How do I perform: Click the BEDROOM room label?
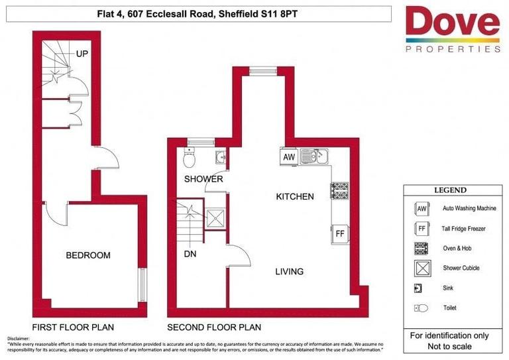pos(87,255)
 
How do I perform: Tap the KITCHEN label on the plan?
pos(295,196)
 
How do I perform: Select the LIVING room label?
pos(290,271)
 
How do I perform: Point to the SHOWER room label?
pos(203,179)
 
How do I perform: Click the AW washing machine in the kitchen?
pos(289,157)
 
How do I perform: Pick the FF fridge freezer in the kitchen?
pos(339,234)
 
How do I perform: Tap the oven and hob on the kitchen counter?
pos(340,190)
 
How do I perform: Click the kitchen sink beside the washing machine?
pos(314,157)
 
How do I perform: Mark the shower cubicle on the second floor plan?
pos(215,219)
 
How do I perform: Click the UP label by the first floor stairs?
pos(82,54)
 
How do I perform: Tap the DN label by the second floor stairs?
pos(190,253)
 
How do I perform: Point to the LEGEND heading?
pos(450,190)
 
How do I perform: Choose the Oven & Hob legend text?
pos(461,248)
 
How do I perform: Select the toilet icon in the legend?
pos(421,308)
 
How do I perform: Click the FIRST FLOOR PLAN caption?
pos(73,328)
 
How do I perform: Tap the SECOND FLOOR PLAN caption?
pos(213,328)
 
